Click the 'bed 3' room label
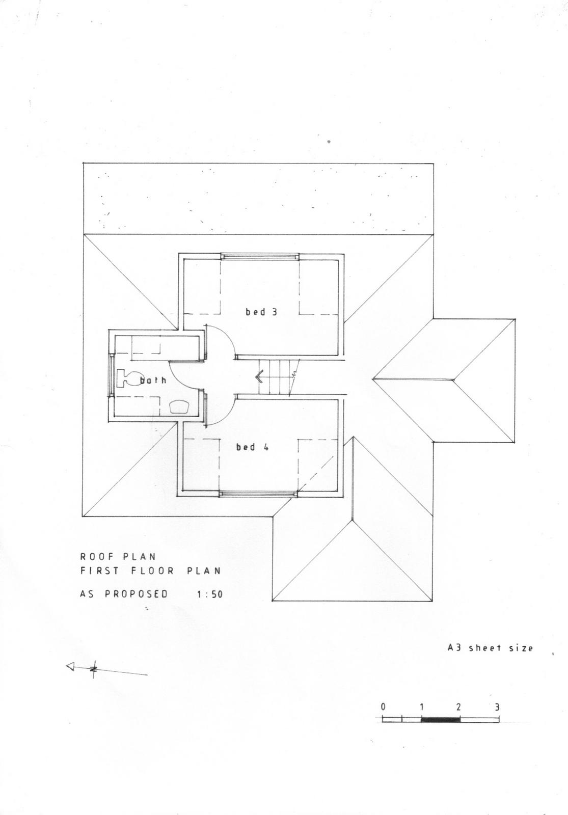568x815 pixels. tap(261, 312)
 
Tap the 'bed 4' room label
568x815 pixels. tap(253, 447)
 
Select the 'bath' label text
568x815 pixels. tap(153, 380)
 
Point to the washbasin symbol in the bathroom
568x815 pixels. tap(179, 406)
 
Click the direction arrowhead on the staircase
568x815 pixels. tap(260, 376)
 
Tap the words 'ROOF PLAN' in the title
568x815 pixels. tap(118, 566)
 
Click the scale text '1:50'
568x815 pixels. tap(209, 594)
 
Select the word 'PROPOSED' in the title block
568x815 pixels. tap(137, 594)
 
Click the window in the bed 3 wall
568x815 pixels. tap(260, 257)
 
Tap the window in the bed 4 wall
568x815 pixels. tap(258, 494)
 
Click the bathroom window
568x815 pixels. tap(112, 374)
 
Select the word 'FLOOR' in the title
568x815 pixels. tap(152, 581)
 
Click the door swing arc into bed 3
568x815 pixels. tap(226, 337)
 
